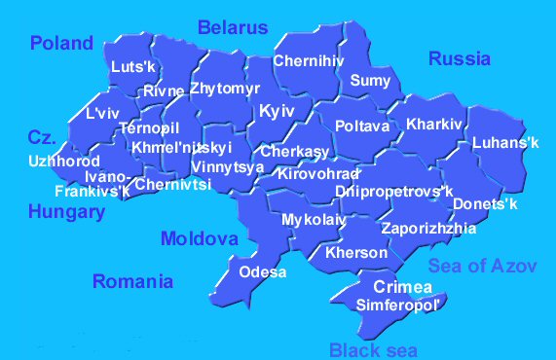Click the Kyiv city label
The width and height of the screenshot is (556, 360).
coord(277,112)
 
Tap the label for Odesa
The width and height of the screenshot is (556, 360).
coord(262,271)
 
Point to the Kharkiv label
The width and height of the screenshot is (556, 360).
coord(433,125)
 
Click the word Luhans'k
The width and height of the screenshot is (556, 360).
coord(504,143)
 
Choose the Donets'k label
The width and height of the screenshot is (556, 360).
coord(485,204)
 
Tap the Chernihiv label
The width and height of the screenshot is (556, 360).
coord(309,61)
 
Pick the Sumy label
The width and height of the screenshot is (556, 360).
coord(369,80)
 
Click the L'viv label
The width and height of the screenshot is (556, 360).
coord(102,113)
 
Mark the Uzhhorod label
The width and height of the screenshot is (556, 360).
coord(63,160)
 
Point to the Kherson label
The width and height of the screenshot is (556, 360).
coord(356,252)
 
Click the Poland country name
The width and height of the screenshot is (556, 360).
coord(61,43)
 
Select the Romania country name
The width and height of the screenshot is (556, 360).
coord(132,281)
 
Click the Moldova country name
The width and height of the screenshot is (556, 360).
coord(199,238)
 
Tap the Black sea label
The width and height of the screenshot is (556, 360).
coord(373,350)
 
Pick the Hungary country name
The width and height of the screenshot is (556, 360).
coord(66,211)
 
